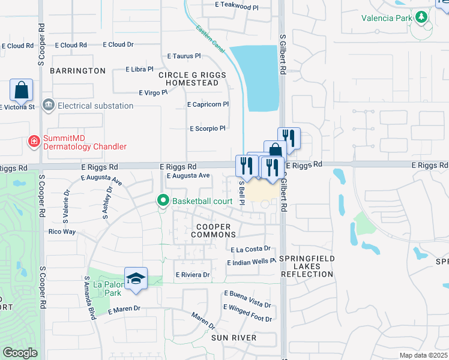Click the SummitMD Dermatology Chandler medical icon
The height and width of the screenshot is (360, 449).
click(34, 142)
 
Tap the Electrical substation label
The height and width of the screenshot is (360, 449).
click(95, 106)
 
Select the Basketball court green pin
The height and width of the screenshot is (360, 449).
click(162, 200)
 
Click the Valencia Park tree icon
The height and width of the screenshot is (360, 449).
click(423, 18)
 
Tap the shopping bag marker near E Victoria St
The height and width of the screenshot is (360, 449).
click(21, 91)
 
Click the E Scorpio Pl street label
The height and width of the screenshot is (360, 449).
click(207, 128)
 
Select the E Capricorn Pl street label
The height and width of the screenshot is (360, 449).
click(208, 104)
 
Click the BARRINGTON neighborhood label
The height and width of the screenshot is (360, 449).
click(77, 71)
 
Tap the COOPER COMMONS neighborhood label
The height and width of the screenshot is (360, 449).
click(214, 230)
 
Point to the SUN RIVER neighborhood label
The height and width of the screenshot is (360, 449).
click(234, 338)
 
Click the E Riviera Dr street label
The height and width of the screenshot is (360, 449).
click(192, 275)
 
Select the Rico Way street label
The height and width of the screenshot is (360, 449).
click(62, 232)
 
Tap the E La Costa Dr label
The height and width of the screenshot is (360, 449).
click(251, 249)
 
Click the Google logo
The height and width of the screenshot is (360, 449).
click(20, 353)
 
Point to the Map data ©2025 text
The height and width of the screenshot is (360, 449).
click(423, 355)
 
